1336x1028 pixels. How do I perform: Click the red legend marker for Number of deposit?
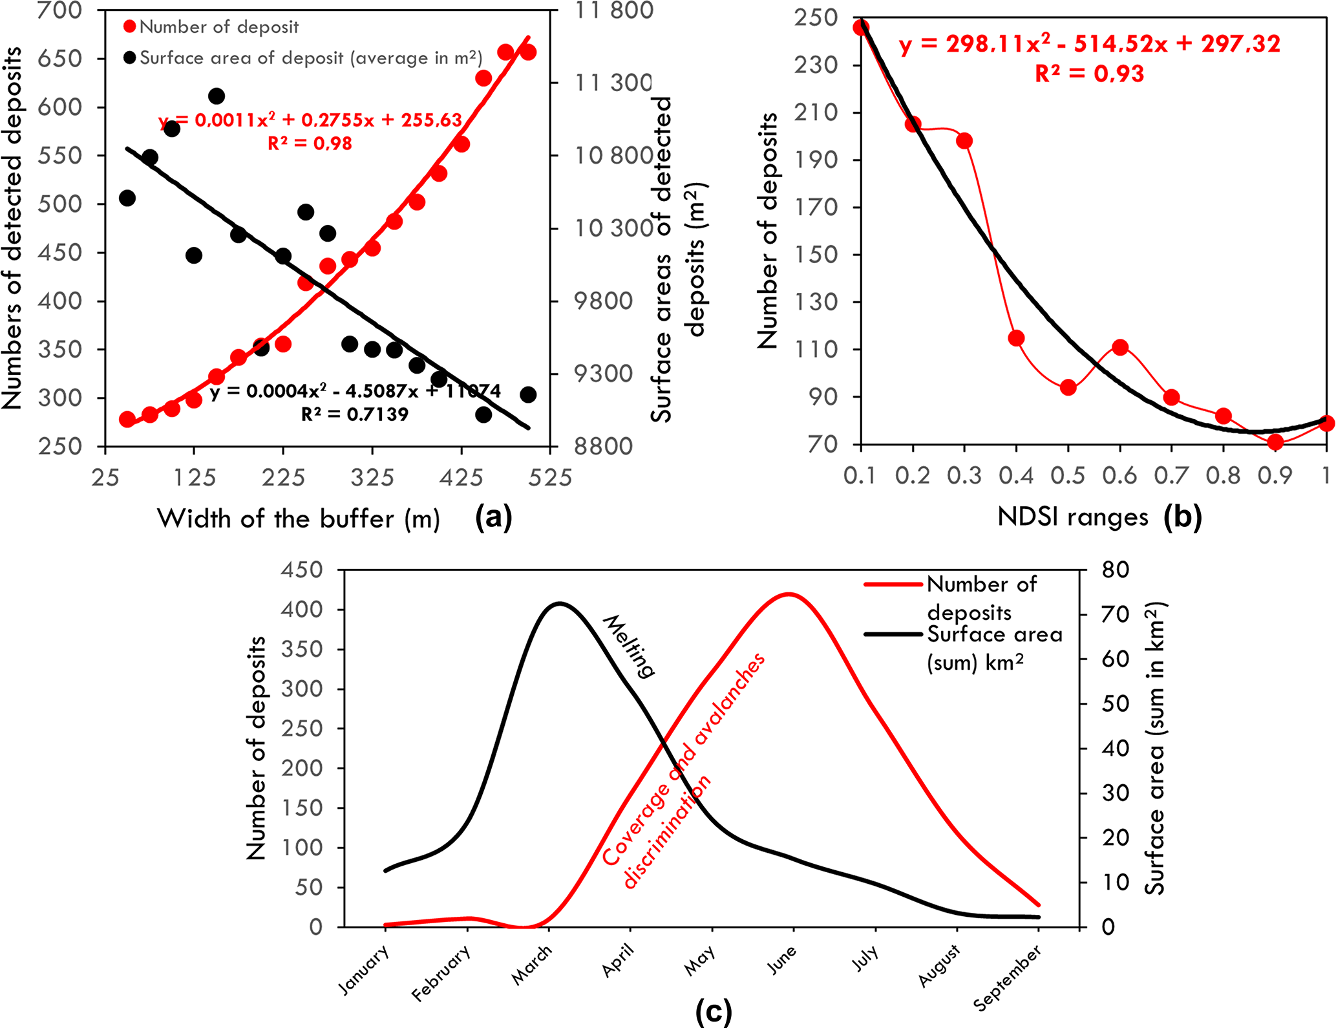point(130,27)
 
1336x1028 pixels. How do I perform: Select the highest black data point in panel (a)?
point(217,96)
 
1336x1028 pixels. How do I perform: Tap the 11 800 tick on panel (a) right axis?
point(614,10)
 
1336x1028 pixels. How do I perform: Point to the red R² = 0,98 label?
point(310,143)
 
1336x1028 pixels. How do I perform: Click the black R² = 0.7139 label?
point(355,414)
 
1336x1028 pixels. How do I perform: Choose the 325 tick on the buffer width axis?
point(372,477)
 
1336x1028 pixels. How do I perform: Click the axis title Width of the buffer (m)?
point(299,519)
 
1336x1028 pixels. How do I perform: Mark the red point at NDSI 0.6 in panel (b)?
point(1120,347)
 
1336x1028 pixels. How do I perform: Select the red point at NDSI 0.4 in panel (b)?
point(1016,338)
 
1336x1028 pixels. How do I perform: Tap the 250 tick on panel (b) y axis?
point(816,17)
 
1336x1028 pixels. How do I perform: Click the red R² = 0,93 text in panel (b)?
point(1089,74)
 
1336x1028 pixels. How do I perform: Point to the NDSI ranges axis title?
point(1073,517)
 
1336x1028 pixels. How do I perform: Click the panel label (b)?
point(1182,517)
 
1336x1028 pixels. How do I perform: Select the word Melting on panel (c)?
point(629,646)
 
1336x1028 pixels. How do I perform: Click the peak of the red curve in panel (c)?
point(789,594)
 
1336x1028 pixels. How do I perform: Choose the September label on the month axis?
point(1008,978)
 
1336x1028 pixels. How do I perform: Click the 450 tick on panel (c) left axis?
point(301,570)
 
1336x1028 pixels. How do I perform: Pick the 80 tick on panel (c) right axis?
point(1116,570)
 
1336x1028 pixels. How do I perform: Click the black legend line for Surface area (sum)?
point(893,634)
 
